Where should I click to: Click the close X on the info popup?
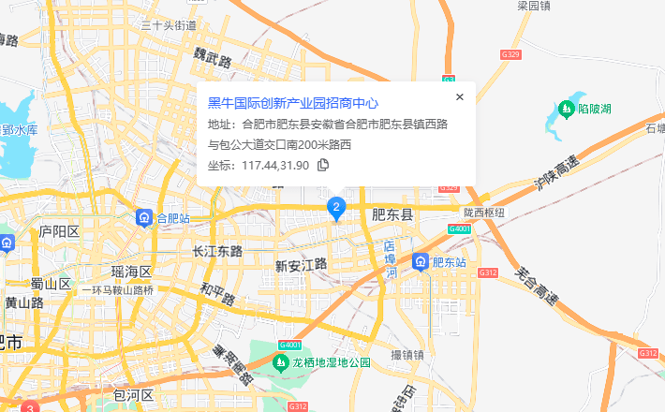pos(459,96)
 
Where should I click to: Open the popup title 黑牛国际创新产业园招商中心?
pos(293,103)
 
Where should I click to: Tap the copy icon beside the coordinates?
pos(323,165)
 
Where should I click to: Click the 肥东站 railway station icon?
pos(421,261)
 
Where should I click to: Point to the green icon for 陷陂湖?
pos(566,110)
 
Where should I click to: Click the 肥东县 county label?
pos(392,214)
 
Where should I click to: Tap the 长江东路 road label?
pos(216,251)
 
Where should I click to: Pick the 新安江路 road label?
pos(301,264)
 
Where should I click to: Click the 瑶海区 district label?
pos(132,272)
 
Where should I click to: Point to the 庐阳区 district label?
pos(59,231)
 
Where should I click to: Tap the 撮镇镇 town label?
pos(407,355)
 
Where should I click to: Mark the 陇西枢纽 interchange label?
pos(483,213)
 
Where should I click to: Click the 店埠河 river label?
pos(391,259)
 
